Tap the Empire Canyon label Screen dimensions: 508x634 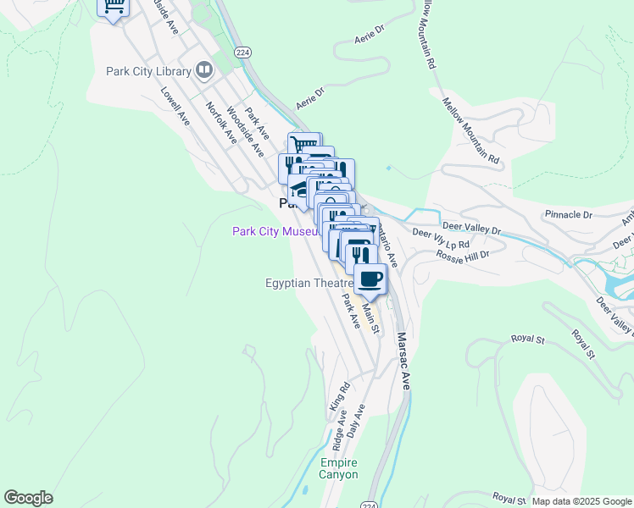(338, 468)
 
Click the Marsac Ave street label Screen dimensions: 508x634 (403, 360)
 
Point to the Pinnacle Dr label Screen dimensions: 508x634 (568, 215)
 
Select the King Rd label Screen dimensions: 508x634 (344, 396)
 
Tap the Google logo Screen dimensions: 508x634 (28, 498)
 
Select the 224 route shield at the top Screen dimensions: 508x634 (243, 51)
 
